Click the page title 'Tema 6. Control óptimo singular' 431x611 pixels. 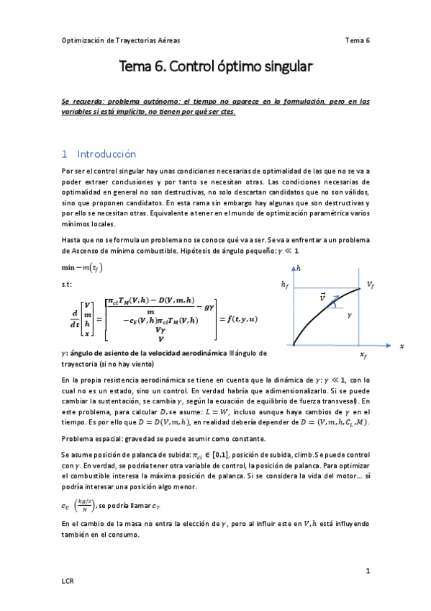click(x=216, y=68)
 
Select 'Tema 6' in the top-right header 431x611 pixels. click(x=358, y=40)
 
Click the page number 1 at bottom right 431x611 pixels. click(x=367, y=571)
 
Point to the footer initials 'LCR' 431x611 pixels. click(x=68, y=580)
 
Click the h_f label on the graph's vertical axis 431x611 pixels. click(x=285, y=285)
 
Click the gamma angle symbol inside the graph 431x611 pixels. click(x=349, y=316)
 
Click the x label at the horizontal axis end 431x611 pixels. click(x=401, y=346)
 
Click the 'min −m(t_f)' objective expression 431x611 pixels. click(x=82, y=268)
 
